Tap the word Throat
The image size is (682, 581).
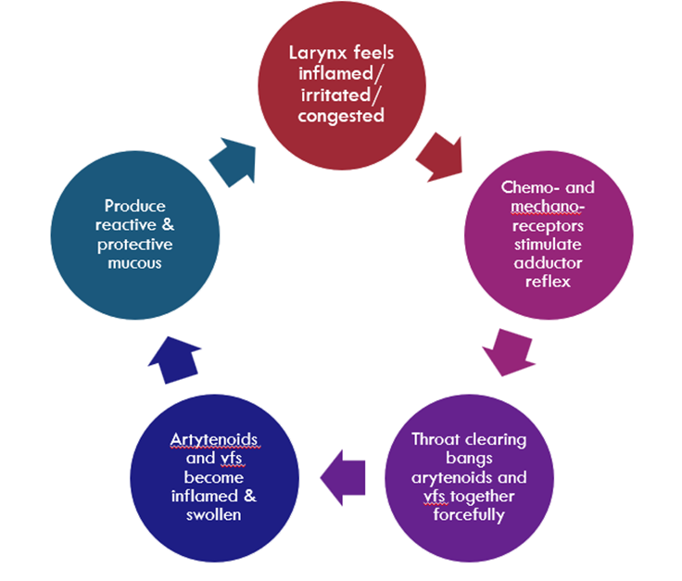(437, 438)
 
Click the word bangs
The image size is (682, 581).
(470, 460)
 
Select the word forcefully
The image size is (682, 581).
(470, 515)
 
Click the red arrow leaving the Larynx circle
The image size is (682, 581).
(436, 158)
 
